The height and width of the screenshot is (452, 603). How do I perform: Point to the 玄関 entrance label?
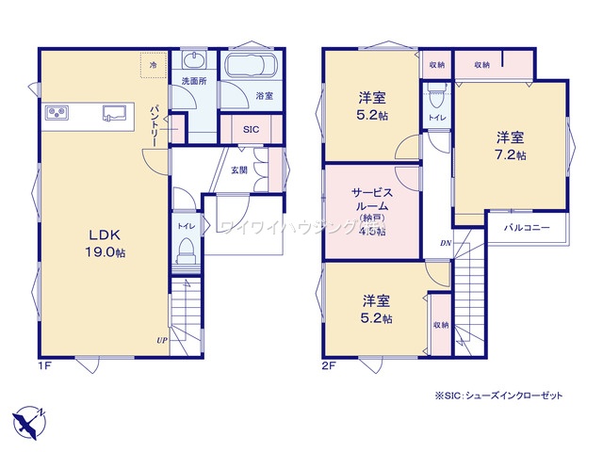(x=239, y=170)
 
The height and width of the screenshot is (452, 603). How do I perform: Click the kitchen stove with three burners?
(x=56, y=113)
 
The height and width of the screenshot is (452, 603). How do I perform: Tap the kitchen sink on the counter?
(x=115, y=113)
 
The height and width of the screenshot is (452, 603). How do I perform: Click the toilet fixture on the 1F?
(x=186, y=252)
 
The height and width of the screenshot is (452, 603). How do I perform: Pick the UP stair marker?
(x=161, y=340)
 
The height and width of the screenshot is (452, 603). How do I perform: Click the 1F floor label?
(x=45, y=364)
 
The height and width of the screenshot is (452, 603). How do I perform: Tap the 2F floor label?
(x=329, y=364)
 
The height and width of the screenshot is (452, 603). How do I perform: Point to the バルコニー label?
(x=527, y=227)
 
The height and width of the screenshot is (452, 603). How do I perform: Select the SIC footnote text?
(x=498, y=396)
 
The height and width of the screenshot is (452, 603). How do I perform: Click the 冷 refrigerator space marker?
(x=154, y=62)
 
